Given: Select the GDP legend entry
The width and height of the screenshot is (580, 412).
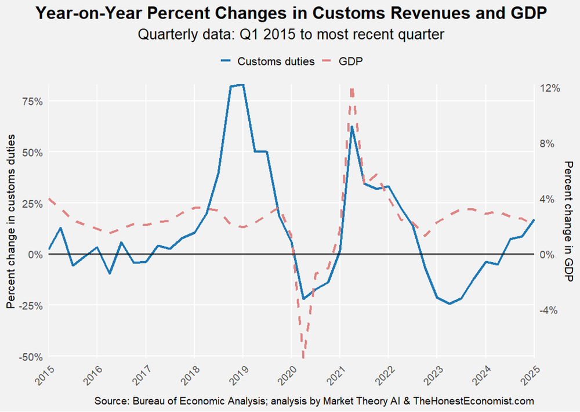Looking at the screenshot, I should click(351, 61).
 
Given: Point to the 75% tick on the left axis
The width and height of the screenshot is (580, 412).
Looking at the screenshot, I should click(32, 101).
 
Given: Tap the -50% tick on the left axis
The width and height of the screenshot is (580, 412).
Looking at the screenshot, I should click(31, 356).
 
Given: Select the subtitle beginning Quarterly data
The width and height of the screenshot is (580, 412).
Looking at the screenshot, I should click(291, 35).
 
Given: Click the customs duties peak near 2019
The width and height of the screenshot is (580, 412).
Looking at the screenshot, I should click(242, 85).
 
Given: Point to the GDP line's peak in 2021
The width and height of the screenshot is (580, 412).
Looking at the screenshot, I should click(352, 89).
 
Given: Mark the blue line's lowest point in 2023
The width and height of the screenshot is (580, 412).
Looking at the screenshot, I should click(449, 303).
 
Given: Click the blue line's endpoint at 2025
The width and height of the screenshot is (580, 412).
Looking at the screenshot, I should click(534, 220).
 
